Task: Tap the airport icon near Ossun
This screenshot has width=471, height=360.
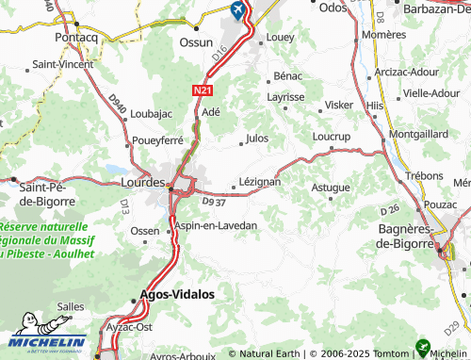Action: point(235,10)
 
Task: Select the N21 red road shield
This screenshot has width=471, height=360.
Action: point(202,90)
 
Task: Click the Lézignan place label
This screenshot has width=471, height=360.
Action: point(260,182)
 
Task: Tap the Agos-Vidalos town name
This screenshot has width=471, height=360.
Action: point(177,294)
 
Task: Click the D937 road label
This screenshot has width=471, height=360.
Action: point(214,200)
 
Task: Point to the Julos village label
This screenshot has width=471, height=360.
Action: point(256,139)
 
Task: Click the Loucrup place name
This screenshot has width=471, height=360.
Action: point(331,137)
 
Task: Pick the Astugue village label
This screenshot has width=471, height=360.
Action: point(331,188)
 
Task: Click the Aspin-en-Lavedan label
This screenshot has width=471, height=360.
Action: point(216,226)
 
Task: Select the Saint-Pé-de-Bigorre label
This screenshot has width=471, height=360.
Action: point(38,194)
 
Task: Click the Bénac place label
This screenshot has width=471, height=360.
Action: point(287,74)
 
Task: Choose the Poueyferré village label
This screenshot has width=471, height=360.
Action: point(157,141)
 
